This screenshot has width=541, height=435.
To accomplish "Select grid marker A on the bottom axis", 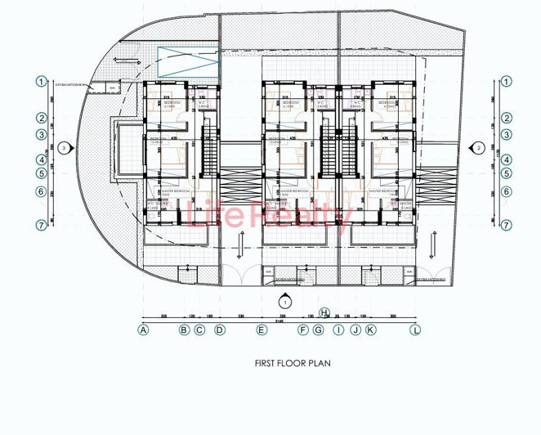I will click(143, 330).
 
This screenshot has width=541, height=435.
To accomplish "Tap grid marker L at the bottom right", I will click(415, 330).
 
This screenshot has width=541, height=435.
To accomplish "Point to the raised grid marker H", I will click(324, 313).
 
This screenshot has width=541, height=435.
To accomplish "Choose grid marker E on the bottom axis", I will click(262, 330).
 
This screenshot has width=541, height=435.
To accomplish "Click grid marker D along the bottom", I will click(219, 330).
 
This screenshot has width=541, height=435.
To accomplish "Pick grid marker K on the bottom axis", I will click(370, 330).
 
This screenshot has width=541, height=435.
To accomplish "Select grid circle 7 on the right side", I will click(507, 225).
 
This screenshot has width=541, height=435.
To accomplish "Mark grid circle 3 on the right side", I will click(507, 135).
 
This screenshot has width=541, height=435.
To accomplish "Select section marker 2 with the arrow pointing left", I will click(480, 148).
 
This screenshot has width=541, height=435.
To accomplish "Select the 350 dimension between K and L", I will click(394, 315).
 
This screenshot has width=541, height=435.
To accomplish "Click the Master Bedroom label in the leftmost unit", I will click(177, 190).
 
